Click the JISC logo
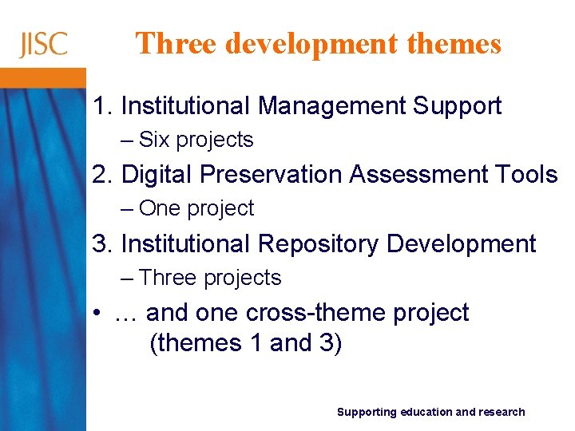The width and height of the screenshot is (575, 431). pyautogui.click(x=43, y=44)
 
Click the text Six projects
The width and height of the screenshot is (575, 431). pyautogui.click(x=196, y=140)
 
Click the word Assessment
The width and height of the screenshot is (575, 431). pyautogui.click(x=422, y=174)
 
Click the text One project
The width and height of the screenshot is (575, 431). pyautogui.click(x=196, y=208)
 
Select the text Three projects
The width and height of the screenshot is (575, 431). pyautogui.click(x=209, y=278)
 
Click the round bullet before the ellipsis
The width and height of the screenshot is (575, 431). pyautogui.click(x=97, y=314)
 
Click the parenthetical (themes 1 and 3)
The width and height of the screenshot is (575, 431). pyautogui.click(x=245, y=344)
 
